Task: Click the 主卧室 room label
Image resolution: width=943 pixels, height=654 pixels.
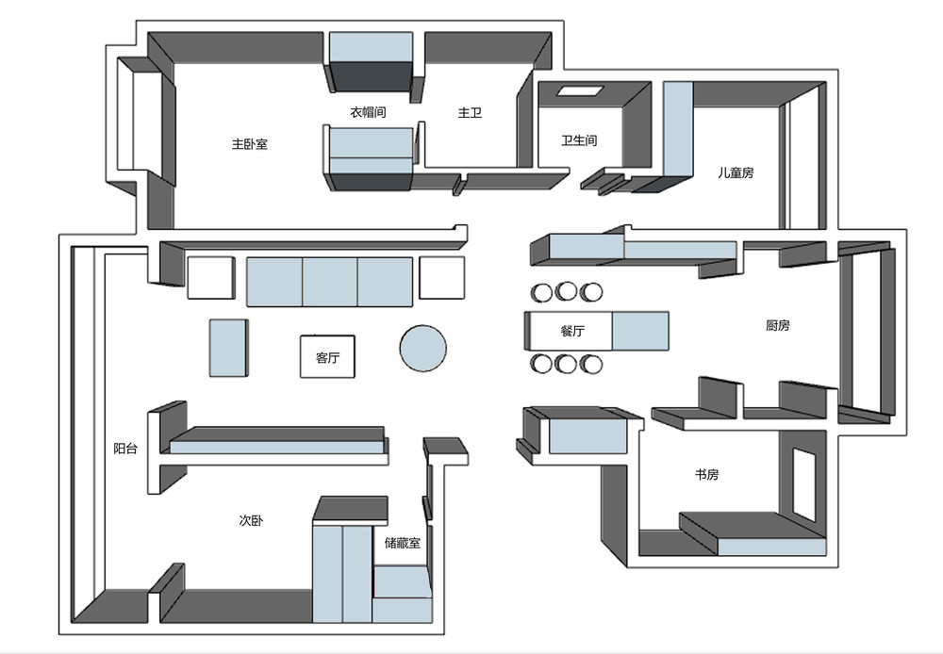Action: [x=250, y=144]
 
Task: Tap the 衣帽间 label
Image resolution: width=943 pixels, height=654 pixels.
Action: [x=368, y=112]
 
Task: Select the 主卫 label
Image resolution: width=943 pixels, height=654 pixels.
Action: [x=470, y=112]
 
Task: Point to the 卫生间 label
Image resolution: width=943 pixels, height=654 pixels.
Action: [x=579, y=140]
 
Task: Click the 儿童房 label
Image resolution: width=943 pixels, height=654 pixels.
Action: [x=736, y=173]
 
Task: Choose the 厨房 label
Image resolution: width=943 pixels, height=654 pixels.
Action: [x=778, y=326]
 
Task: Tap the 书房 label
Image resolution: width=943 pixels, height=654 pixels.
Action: [x=706, y=475]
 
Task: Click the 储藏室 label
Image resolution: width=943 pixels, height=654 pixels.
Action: [x=403, y=544]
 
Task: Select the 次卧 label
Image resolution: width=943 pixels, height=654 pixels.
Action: [x=251, y=520]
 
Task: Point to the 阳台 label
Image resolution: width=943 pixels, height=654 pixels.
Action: [x=125, y=449]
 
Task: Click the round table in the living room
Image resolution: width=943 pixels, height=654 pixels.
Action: [x=423, y=349]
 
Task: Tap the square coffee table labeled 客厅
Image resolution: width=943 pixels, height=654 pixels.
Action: [x=328, y=356]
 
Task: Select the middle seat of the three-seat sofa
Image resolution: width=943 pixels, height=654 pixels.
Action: [x=329, y=282]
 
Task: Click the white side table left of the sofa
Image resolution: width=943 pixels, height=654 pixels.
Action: [x=210, y=278]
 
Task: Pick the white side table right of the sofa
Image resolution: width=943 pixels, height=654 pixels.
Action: [x=442, y=278]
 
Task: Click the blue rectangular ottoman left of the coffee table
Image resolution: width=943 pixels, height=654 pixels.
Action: [x=228, y=348]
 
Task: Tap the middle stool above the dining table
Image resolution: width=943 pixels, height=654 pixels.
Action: [x=566, y=292]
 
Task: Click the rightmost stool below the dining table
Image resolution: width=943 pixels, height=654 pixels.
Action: [x=590, y=364]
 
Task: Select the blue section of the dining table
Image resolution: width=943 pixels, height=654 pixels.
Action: [x=640, y=331]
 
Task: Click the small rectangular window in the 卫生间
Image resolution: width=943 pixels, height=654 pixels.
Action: [x=580, y=91]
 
